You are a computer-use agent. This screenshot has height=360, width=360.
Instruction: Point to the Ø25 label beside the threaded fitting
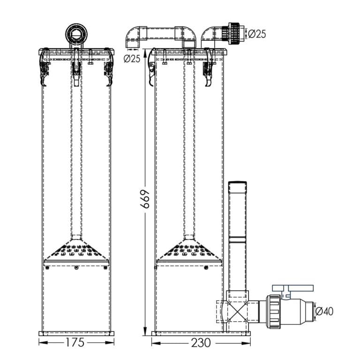pos(257,34)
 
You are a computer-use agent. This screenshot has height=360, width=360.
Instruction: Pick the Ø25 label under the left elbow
pos(132,59)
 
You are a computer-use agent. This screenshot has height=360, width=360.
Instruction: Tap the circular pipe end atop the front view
pos(76,33)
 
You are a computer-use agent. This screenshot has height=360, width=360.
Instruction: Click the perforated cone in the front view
pos(76,250)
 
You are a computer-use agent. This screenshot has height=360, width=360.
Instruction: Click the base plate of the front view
pos(76,333)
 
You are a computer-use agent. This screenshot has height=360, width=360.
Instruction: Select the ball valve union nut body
pos(274,310)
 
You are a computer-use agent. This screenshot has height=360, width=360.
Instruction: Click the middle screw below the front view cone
pos(76,268)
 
